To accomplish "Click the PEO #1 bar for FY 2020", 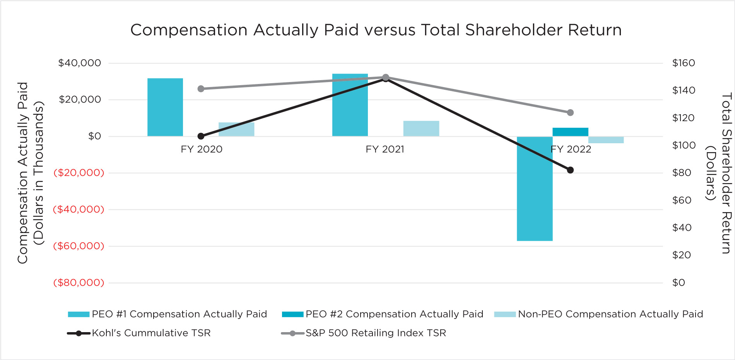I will [x=165, y=107].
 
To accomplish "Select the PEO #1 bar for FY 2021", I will [x=350, y=105].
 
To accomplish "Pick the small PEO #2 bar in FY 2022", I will [x=570, y=132].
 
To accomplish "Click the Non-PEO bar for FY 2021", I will [x=421, y=129].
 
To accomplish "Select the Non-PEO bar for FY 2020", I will [x=236, y=129].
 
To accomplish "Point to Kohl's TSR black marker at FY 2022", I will [x=570, y=170].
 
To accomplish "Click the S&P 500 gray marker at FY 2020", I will [x=201, y=89].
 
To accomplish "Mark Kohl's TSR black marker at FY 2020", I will [x=201, y=136].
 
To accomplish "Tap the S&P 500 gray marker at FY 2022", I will [x=570, y=113].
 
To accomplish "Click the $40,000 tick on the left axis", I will [x=79, y=63].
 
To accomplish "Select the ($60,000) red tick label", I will [x=79, y=246].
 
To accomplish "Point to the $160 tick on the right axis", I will [x=684, y=63].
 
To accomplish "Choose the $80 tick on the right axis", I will [x=682, y=173].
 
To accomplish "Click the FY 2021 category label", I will [x=385, y=149].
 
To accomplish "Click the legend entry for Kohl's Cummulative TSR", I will [x=151, y=333].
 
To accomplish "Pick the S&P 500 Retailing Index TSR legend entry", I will [x=376, y=333].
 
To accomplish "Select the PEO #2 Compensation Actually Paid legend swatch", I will [x=292, y=314].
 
